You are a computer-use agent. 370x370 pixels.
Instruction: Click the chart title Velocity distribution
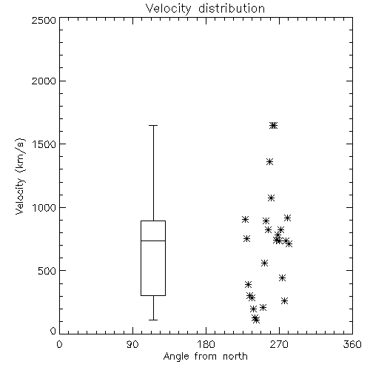pyautogui.click(x=205, y=8)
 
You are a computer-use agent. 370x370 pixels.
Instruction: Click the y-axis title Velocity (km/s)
pyautogui.click(x=20, y=176)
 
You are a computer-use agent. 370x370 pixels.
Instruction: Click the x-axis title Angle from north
pyautogui.click(x=205, y=357)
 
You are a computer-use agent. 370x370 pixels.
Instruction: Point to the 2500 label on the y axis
pyautogui.click(x=44, y=20)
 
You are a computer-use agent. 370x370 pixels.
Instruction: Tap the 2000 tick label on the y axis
pyautogui.click(x=44, y=81)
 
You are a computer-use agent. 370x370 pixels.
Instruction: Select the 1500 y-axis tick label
pyautogui.click(x=44, y=144)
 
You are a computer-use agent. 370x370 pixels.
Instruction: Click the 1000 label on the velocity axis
pyautogui.click(x=44, y=208)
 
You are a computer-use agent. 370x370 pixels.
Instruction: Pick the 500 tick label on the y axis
pyautogui.click(x=47, y=271)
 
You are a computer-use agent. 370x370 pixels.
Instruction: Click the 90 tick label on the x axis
pyautogui.click(x=132, y=344)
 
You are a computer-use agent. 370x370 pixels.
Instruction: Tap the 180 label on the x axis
pyautogui.click(x=206, y=344)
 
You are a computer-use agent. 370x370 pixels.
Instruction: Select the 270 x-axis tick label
pyautogui.click(x=279, y=344)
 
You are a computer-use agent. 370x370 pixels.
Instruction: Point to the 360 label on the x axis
pyautogui.click(x=352, y=344)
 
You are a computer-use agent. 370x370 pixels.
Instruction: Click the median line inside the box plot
pyautogui.click(x=153, y=240)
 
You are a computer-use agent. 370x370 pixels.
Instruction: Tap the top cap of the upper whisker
pyautogui.click(x=153, y=125)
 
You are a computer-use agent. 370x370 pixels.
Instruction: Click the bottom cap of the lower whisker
pyautogui.click(x=153, y=320)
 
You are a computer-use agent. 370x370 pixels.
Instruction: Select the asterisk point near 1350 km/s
pyautogui.click(x=269, y=162)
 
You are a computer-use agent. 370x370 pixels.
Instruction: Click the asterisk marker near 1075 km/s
pyautogui.click(x=272, y=198)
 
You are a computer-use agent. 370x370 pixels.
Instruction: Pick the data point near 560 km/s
pyautogui.click(x=264, y=263)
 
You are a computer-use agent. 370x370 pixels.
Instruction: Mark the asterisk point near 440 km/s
pyautogui.click(x=282, y=278)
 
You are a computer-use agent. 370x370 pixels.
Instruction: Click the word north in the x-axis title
pyautogui.click(x=235, y=357)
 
